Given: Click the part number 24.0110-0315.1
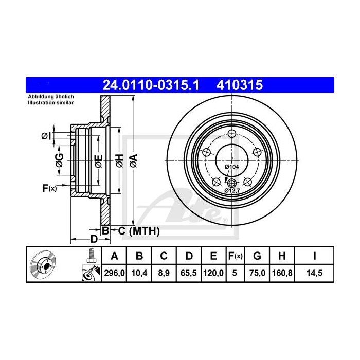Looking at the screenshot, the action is point(151,85).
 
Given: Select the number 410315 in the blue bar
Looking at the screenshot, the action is point(240,85).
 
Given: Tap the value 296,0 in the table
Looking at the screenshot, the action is point(114,273).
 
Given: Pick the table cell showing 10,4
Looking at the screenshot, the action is point(139,273).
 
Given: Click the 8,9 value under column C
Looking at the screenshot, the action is point(164,273).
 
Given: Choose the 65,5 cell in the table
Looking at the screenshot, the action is point(189,273).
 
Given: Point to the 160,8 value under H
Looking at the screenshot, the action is point(282,273).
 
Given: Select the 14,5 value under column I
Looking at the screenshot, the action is point(314,273).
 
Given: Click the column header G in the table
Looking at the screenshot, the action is point(257,256).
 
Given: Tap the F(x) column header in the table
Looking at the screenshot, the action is point(235,256).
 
